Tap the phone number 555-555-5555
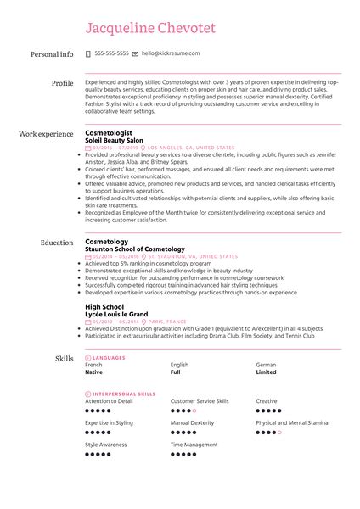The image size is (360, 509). click(112, 53)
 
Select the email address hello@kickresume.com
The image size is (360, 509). click(171, 53)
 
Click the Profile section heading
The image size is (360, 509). click(62, 83)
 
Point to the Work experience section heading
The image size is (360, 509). click(46, 134)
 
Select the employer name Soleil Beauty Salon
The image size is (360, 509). click(119, 140)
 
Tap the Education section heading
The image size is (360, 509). click(57, 243)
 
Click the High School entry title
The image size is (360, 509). click(104, 306)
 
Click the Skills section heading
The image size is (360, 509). click(65, 360)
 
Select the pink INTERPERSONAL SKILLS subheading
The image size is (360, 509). click(123, 394)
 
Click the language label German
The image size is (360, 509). click(266, 365)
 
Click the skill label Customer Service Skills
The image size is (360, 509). click(200, 400)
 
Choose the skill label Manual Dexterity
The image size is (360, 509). click(193, 422)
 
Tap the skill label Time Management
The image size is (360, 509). click(194, 445)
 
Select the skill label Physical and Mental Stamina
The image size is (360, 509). click(292, 422)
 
